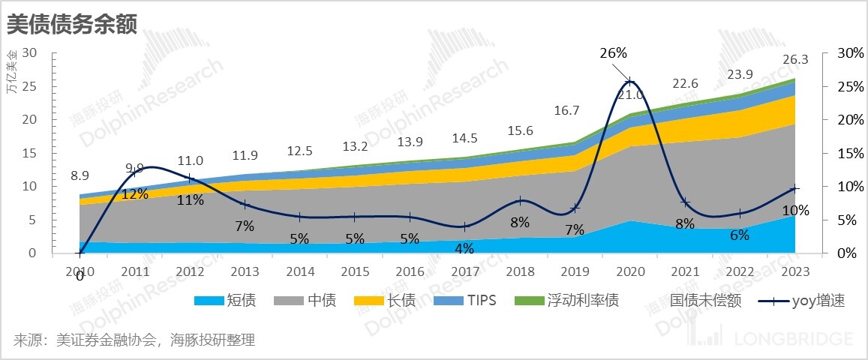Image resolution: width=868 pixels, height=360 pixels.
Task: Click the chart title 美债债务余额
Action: point(72,25)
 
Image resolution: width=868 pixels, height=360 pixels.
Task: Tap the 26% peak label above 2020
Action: point(613,52)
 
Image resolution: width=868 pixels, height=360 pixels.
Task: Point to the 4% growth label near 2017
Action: point(464,248)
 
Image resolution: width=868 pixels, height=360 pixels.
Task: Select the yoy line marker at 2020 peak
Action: point(630,82)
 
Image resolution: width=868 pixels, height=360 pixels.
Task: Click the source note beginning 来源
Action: point(134,340)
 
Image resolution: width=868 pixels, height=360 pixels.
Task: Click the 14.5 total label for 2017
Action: point(466,138)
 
